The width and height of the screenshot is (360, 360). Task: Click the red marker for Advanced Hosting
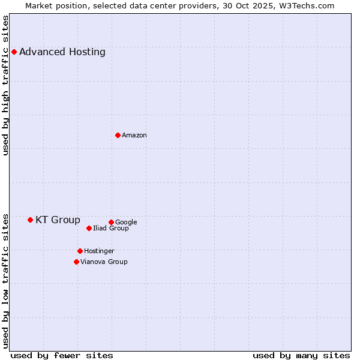(x=14, y=52)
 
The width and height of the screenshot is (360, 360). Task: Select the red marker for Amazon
(x=118, y=135)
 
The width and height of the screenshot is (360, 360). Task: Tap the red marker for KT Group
(x=30, y=220)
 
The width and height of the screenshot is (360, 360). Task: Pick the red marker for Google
(x=111, y=222)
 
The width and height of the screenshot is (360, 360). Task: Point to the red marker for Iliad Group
(x=89, y=228)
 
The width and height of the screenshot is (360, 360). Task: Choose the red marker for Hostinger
(x=80, y=251)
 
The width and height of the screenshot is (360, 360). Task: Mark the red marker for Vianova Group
(x=76, y=262)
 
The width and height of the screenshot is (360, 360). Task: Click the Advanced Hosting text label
(x=62, y=52)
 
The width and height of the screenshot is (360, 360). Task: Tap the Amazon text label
(x=134, y=136)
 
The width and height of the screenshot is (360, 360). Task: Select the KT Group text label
(x=58, y=220)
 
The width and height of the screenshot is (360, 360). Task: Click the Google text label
(x=126, y=223)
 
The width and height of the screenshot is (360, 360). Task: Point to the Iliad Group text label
(x=111, y=229)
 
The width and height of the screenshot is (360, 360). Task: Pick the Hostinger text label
(x=99, y=251)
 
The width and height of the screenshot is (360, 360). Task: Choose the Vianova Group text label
(x=104, y=262)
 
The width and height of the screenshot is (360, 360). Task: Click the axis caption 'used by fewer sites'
(x=62, y=355)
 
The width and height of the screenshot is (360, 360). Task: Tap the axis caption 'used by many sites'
(x=301, y=355)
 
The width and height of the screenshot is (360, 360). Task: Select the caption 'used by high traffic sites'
(x=5, y=85)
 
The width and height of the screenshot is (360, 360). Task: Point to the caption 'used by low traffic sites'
(x=5, y=280)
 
